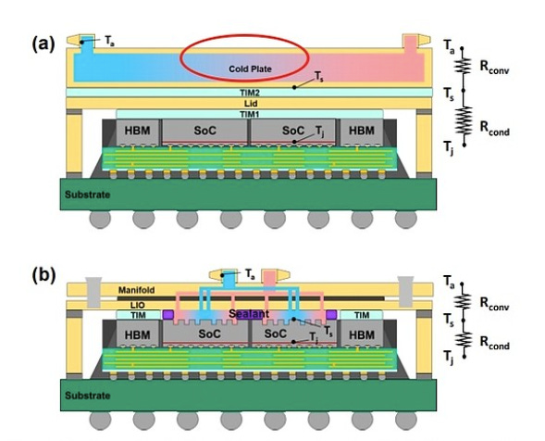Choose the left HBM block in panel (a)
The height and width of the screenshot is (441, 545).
pos(138,132)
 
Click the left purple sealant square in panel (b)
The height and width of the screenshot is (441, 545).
pos(168,315)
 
